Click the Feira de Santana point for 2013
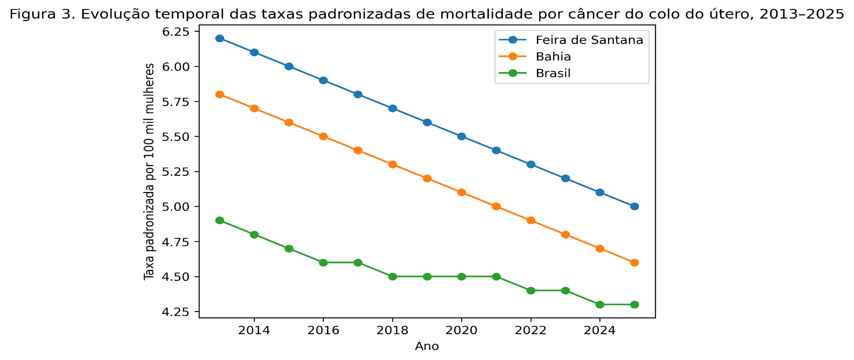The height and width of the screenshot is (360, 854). click(x=220, y=38)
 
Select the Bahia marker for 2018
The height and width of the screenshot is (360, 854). click(x=393, y=164)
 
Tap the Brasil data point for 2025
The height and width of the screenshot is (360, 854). click(x=634, y=305)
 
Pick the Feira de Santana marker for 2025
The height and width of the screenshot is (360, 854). click(x=634, y=206)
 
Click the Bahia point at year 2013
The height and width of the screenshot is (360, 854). click(x=220, y=95)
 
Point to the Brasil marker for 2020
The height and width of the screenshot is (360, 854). click(x=462, y=277)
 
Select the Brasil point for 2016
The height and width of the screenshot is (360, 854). click(x=323, y=263)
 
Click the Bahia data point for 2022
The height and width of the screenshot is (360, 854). click(x=531, y=221)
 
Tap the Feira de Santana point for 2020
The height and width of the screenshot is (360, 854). click(x=462, y=136)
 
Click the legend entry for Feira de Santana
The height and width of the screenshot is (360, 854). click(x=589, y=40)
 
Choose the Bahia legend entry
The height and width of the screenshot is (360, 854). click(x=553, y=57)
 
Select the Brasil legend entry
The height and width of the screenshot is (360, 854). click(x=553, y=73)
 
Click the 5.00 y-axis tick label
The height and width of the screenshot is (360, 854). click(x=180, y=206)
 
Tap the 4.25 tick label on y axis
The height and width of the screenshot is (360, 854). click(x=180, y=312)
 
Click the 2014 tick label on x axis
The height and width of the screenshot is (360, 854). click(x=254, y=330)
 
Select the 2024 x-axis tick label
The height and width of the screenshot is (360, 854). click(x=600, y=330)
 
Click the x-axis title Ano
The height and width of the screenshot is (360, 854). click(x=427, y=347)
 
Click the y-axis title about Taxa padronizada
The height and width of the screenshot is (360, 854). click(x=149, y=172)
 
